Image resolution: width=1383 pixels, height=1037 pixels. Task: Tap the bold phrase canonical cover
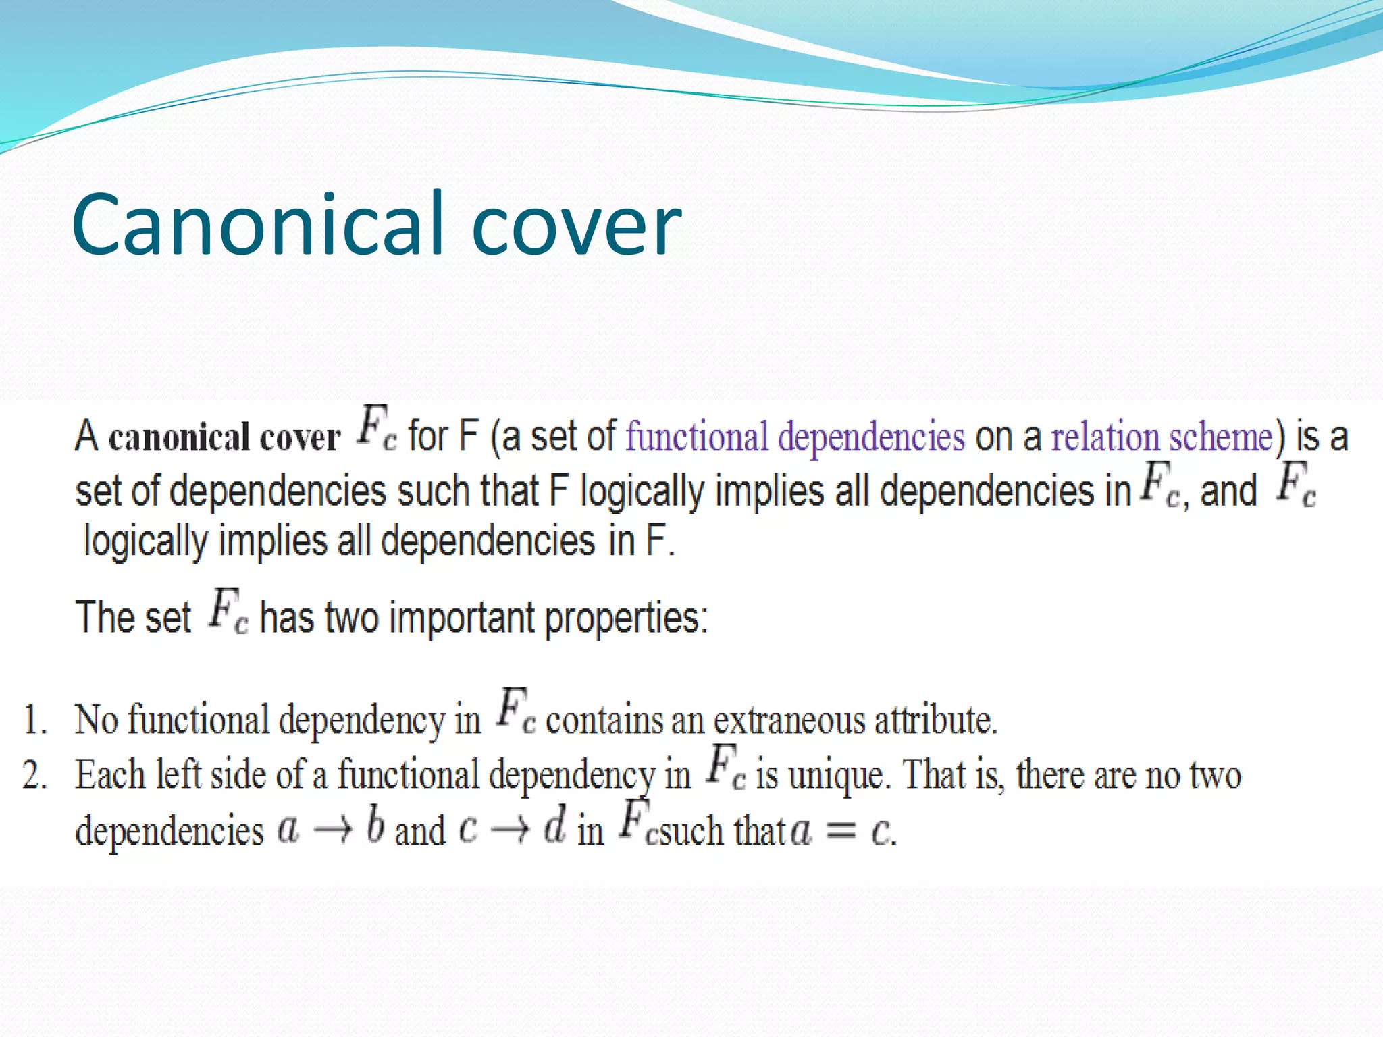point(224,437)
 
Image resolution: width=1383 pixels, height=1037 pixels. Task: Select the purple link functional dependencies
point(795,436)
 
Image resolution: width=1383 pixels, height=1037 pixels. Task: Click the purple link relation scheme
point(1162,436)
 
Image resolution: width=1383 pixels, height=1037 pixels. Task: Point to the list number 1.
point(34,720)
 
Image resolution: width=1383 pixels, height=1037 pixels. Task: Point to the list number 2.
point(34,775)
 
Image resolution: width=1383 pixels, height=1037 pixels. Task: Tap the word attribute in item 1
point(935,720)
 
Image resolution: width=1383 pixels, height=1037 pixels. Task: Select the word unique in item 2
point(835,775)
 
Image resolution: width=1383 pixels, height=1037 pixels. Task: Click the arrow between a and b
point(333,830)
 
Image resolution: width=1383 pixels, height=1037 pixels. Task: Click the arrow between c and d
point(510,830)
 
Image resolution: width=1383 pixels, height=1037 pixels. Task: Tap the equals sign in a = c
point(841,831)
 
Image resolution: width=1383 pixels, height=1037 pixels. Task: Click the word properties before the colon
point(624,618)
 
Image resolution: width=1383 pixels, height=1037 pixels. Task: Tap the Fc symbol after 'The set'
point(227,612)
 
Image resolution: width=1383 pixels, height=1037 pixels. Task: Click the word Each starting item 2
point(110,774)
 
